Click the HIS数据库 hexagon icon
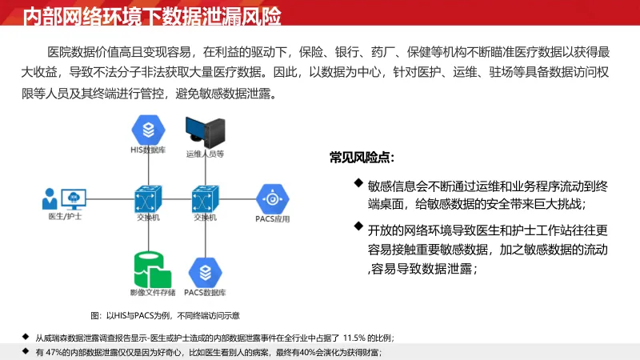tap(149, 128)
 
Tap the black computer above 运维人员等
tap(203, 131)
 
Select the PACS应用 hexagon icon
tap(270, 198)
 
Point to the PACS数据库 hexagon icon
tap(204, 270)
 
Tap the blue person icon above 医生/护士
tap(50, 198)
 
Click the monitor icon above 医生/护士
tap(74, 197)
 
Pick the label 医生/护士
tap(65, 218)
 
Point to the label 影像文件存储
tap(152, 293)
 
